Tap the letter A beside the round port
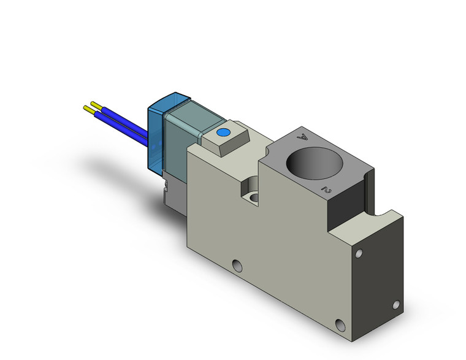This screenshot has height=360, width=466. [x=302, y=137]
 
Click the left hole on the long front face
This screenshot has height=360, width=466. [x=238, y=265]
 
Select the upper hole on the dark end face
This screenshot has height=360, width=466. [x=361, y=252]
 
